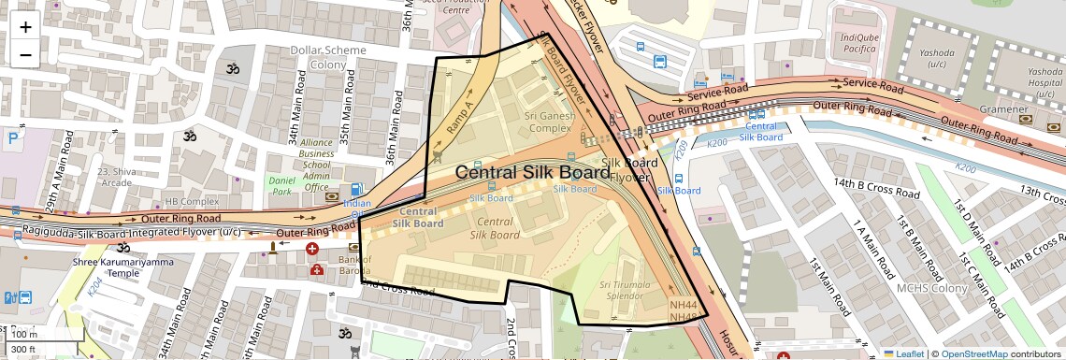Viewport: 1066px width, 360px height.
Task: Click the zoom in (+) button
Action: point(25,26)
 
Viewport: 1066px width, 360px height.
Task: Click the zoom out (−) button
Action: point(25,54)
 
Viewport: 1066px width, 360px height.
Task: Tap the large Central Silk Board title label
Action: point(532,173)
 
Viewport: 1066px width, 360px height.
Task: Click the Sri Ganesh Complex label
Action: point(549,122)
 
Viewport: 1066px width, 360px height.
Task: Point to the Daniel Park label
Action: point(281,184)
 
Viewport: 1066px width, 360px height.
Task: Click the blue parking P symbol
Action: point(13,138)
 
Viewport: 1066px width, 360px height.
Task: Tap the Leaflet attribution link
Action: point(903,353)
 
